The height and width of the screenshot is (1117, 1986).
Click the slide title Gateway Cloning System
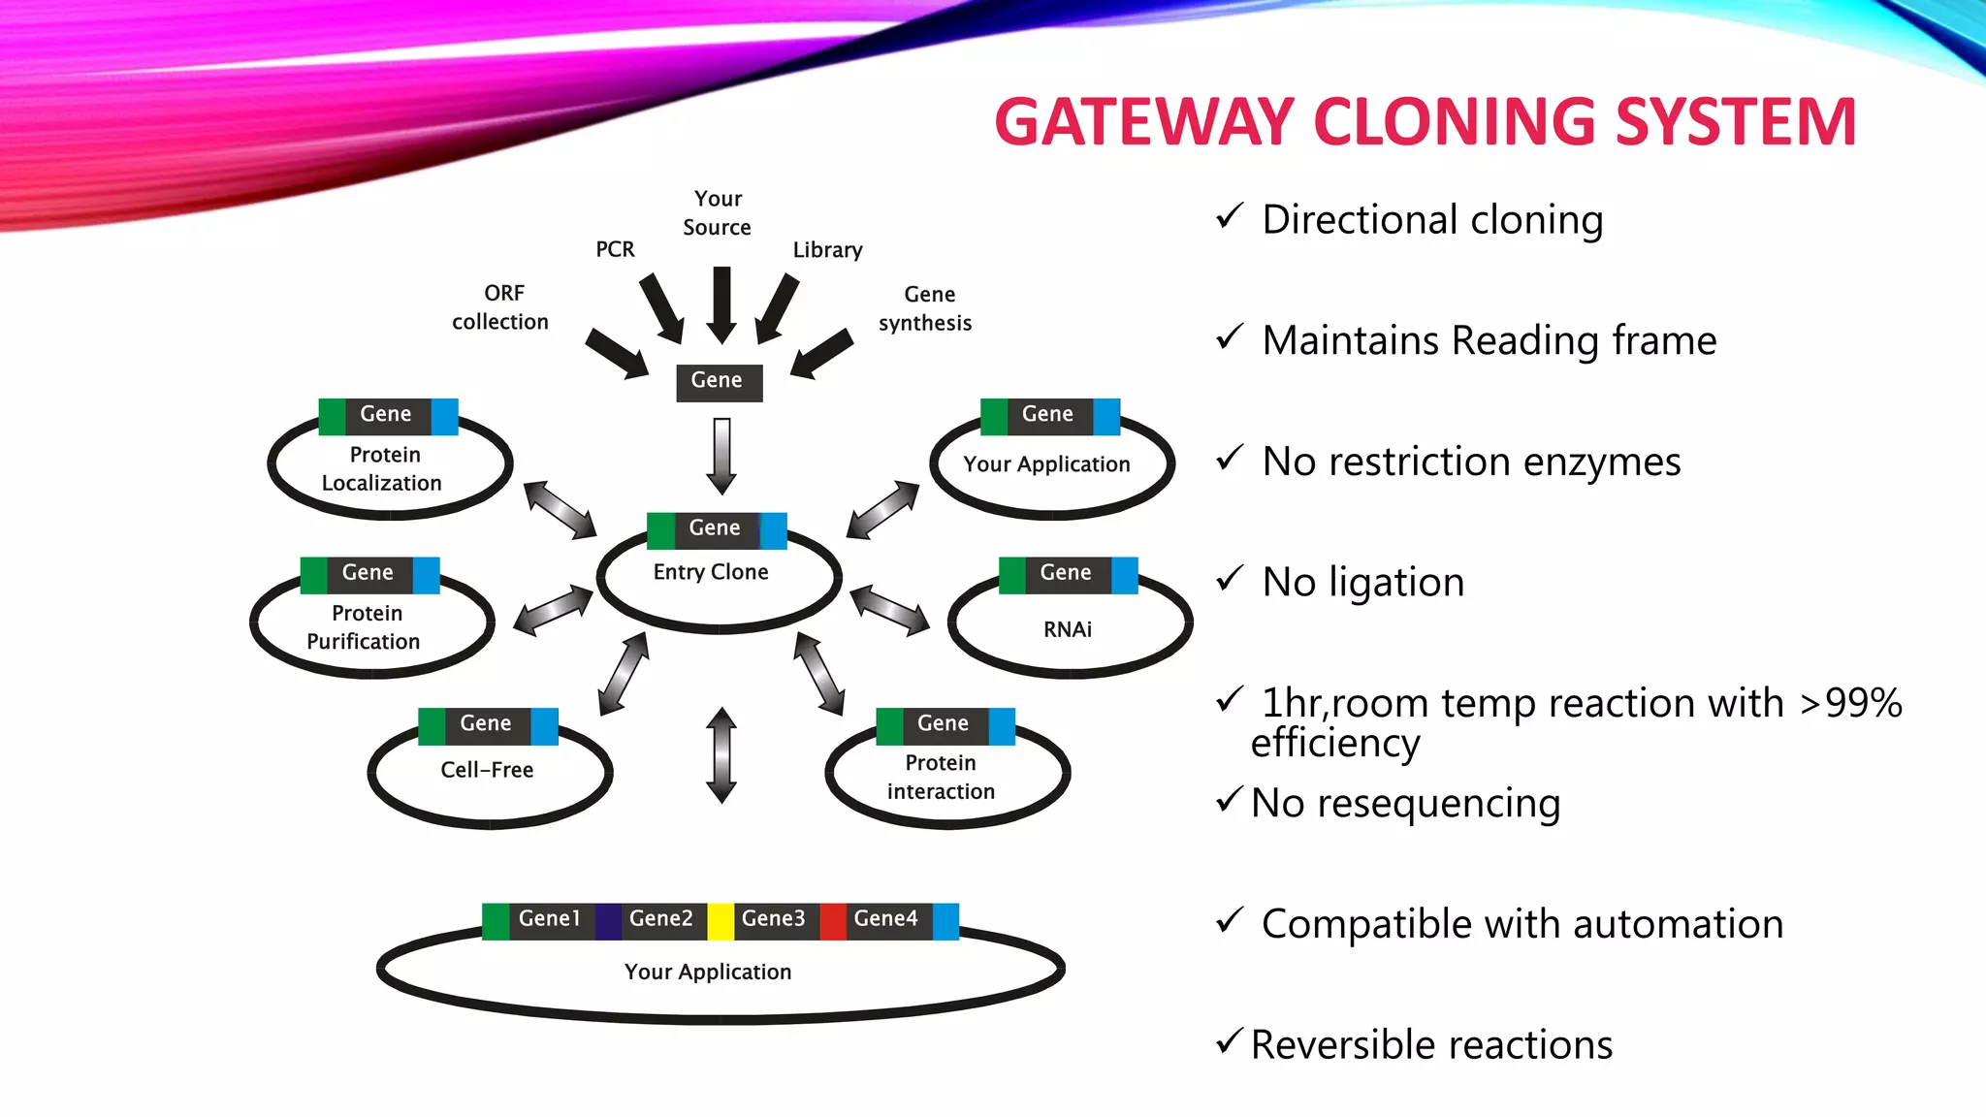[1425, 122]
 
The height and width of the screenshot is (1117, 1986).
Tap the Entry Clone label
[711, 572]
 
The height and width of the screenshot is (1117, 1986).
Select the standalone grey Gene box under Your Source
[719, 381]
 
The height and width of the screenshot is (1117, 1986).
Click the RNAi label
[1067, 629]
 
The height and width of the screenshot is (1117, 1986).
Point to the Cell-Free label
[487, 770]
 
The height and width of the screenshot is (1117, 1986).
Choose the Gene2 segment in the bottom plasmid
[661, 919]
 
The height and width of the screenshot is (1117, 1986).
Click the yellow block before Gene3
[721, 921]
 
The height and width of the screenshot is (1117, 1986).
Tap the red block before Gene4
[833, 921]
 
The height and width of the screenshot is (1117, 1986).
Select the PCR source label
[615, 250]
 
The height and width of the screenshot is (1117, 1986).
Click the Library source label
[827, 250]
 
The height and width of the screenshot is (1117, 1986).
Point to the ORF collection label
[500, 307]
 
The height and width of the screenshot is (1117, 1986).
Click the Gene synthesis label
[926, 308]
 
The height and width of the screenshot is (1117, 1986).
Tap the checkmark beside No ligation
[1230, 579]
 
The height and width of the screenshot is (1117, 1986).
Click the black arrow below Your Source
[721, 303]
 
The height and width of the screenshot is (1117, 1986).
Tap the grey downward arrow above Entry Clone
[721, 456]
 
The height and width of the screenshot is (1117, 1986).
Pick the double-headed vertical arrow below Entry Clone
[721, 755]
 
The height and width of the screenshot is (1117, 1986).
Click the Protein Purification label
[365, 627]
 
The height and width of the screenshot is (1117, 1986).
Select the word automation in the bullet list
[1678, 924]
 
